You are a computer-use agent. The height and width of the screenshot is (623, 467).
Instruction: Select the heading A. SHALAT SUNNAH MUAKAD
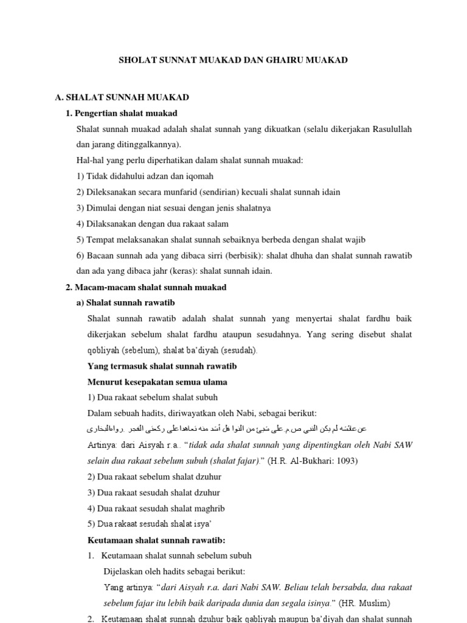(122, 97)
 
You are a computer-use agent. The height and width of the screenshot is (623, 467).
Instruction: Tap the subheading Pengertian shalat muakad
(126, 113)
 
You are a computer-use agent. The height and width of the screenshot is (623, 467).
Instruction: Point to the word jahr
(166, 271)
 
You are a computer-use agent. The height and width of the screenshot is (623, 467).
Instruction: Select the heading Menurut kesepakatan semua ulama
(157, 382)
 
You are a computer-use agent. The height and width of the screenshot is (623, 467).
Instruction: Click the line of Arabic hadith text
(227, 430)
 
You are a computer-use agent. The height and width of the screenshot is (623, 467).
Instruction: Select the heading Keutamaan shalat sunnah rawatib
(156, 540)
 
